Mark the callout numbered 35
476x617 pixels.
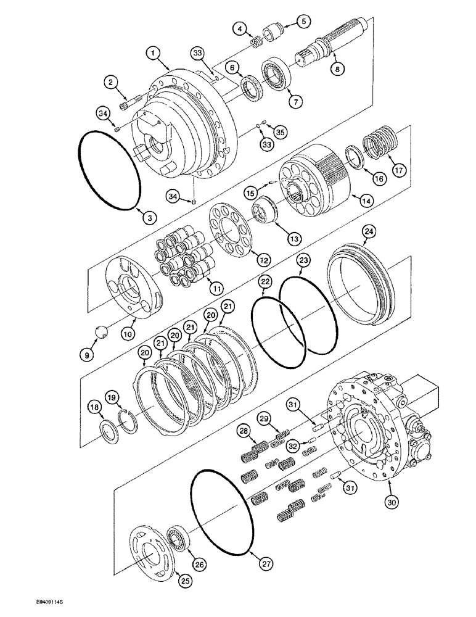280,131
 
